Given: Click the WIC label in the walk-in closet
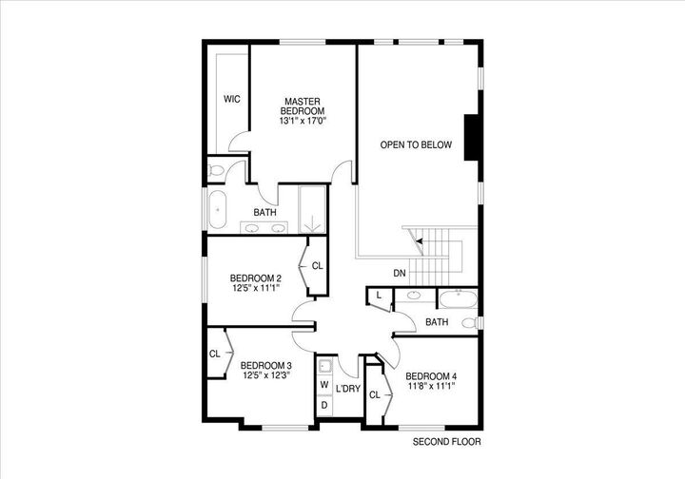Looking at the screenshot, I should coord(231,99).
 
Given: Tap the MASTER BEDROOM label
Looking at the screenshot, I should coord(303,106).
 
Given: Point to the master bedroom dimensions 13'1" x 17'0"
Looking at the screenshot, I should coord(303,122).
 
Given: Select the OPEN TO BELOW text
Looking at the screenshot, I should coord(416,145).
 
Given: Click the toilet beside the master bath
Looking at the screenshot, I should coord(216,171).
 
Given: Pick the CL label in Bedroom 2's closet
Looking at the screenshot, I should coord(317,266).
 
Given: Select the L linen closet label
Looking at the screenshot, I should coord(379,297).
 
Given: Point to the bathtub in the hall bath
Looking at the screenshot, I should coord(459,300).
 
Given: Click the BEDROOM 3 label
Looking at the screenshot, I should coord(265,365).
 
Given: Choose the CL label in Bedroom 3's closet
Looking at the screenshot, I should coord(215,354).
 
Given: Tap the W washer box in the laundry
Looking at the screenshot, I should coord(324,385).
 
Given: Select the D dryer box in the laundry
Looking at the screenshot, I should coord(324,405).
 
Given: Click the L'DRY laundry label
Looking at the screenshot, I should coord(347,388).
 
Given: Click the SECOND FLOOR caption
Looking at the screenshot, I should coord(447,442).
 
